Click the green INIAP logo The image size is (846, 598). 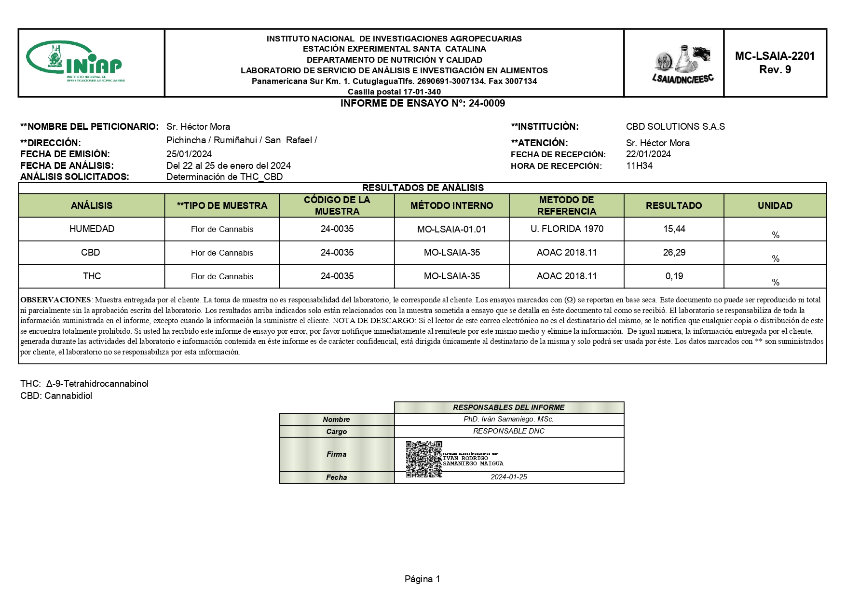click(75, 62)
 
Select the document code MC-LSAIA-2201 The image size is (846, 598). click(775, 56)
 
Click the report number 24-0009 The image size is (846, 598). click(487, 103)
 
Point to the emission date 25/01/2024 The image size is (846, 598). click(189, 154)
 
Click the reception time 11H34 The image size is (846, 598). click(639, 166)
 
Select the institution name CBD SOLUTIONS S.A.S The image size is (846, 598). click(675, 127)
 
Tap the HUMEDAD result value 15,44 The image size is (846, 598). click(674, 229)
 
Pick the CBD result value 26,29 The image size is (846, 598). click(674, 253)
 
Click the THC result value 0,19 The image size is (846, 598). click(674, 276)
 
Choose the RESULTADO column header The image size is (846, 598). click(674, 206)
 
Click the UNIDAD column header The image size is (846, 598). click(775, 206)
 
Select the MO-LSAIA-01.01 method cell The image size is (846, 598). click(451, 230)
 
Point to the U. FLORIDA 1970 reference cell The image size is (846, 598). click(567, 229)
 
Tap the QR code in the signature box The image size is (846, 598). click(423, 459)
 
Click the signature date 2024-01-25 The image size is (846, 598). click(509, 477)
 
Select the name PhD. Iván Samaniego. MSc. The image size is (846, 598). click(509, 420)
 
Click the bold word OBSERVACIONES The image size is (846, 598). click(55, 300)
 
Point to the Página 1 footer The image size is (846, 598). click(422, 579)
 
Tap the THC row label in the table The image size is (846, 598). click(92, 276)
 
